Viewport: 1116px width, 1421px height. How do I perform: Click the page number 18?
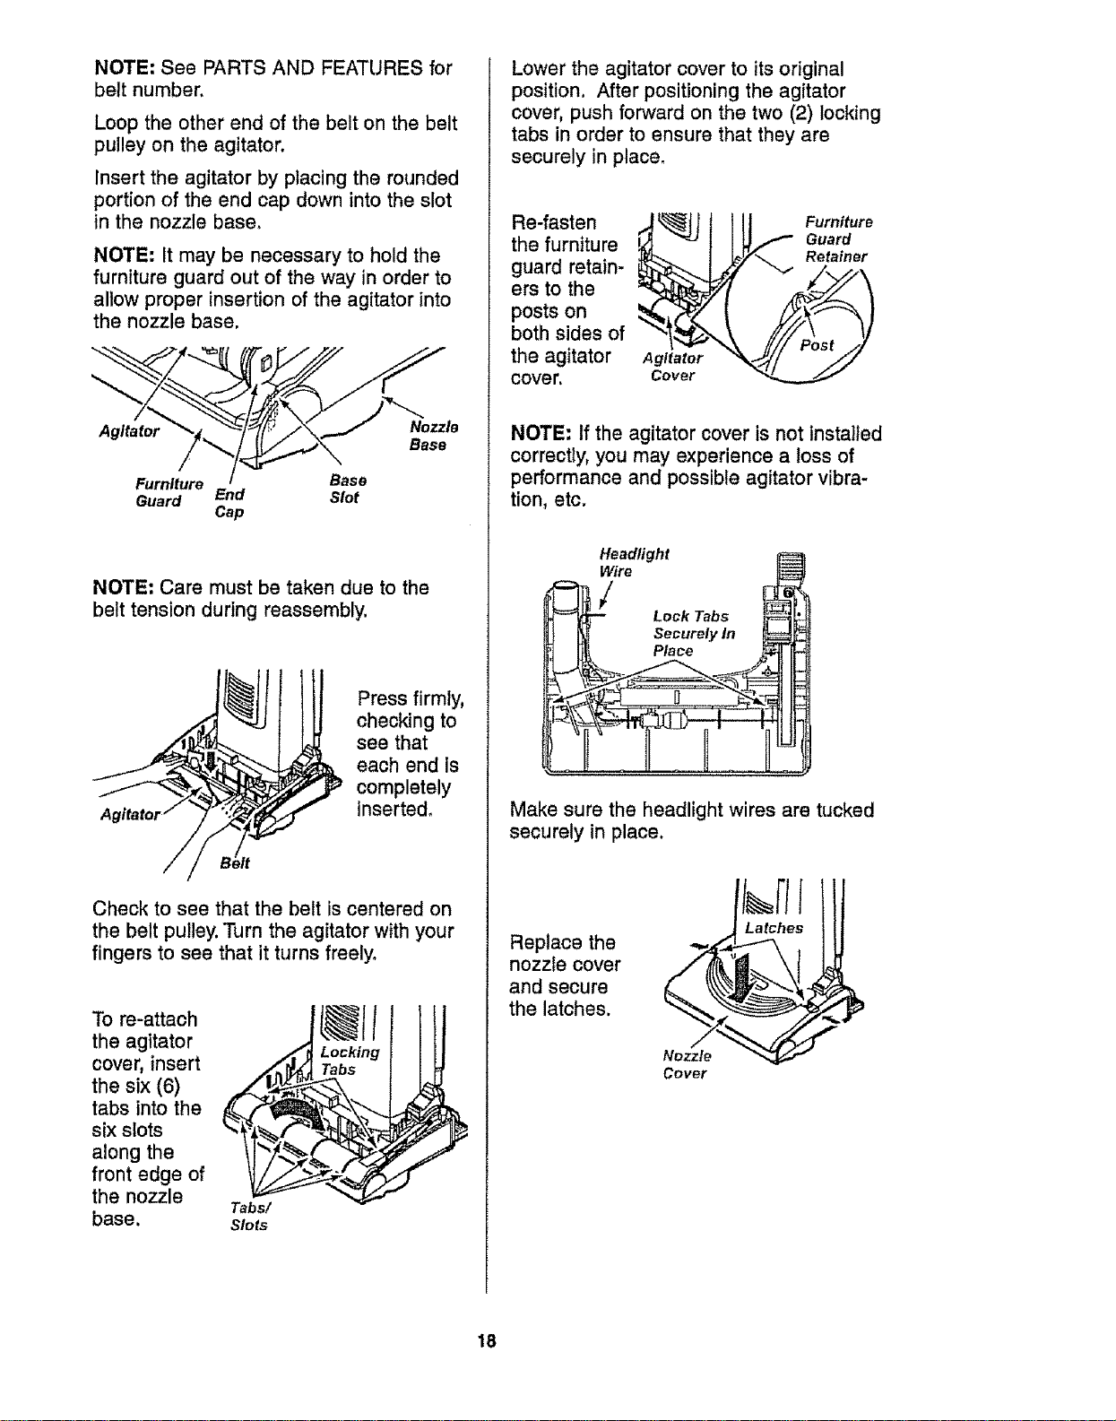pyautogui.click(x=487, y=1341)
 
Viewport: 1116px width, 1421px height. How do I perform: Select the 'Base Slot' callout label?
pyautogui.click(x=348, y=489)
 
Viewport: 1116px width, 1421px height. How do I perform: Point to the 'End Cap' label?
pyautogui.click(x=229, y=502)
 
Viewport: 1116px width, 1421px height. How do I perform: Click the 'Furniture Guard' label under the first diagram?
pyautogui.click(x=169, y=492)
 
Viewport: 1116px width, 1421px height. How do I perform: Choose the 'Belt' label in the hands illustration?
pyautogui.click(x=235, y=863)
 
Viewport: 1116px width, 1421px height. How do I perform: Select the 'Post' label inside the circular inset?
pyautogui.click(x=818, y=345)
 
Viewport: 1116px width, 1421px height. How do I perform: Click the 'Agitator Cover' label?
pyautogui.click(x=672, y=367)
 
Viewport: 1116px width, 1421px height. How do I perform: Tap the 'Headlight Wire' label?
pyautogui.click(x=634, y=562)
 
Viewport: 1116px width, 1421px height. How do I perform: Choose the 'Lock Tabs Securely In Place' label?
pyautogui.click(x=695, y=633)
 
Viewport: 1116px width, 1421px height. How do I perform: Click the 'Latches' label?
pyautogui.click(x=774, y=928)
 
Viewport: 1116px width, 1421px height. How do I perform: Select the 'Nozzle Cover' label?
pyautogui.click(x=687, y=1064)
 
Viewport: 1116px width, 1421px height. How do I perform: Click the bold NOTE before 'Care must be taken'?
pyautogui.click(x=123, y=587)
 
